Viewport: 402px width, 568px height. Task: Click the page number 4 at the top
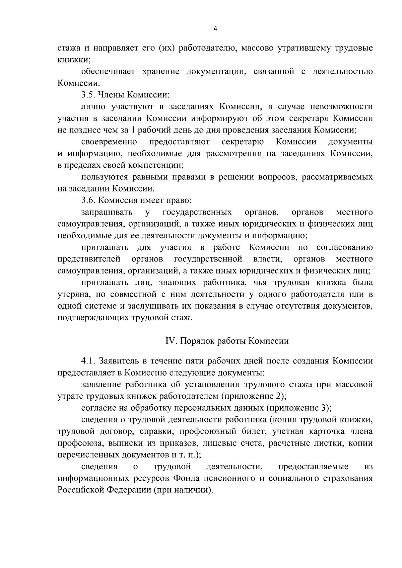pyautogui.click(x=215, y=29)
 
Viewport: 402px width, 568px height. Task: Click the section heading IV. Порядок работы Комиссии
pyautogui.click(x=227, y=341)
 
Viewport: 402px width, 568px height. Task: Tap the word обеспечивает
pyautogui.click(x=108, y=71)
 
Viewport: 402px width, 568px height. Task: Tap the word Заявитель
pyautogui.click(x=118, y=361)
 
